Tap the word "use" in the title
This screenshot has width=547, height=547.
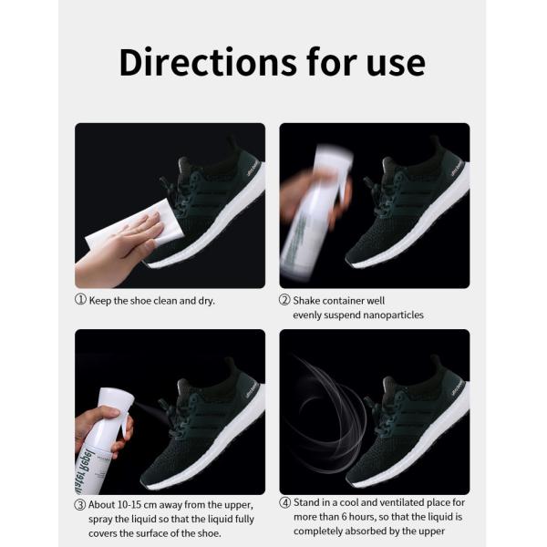(x=393, y=63)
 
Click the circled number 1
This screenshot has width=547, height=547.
(x=80, y=300)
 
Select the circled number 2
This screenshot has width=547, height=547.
(x=284, y=300)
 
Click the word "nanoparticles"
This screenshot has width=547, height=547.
(x=387, y=315)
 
